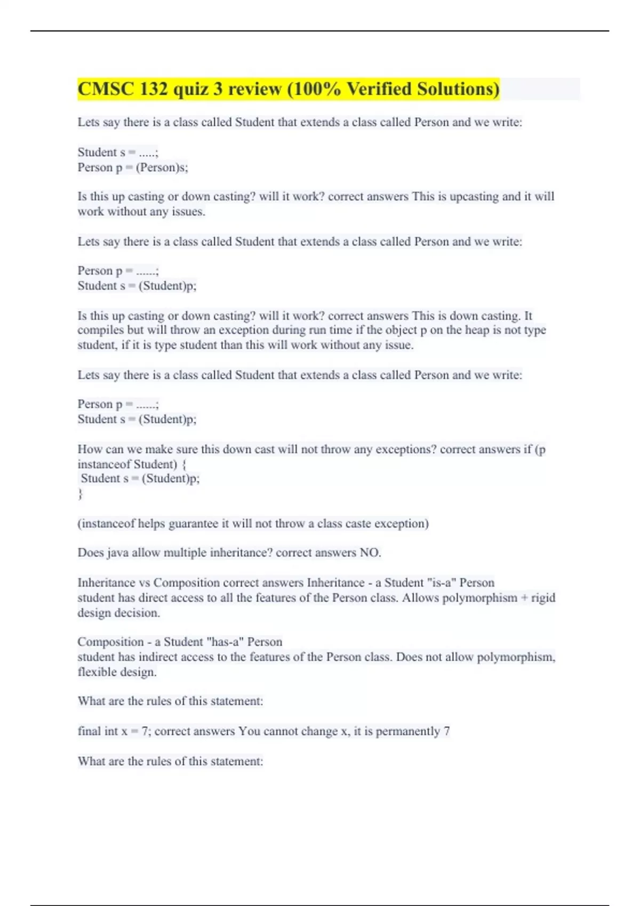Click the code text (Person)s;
tap(162, 167)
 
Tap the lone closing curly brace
tap(81, 494)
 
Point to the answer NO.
tap(370, 553)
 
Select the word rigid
tap(543, 597)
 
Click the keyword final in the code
tap(89, 731)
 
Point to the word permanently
tap(408, 731)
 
